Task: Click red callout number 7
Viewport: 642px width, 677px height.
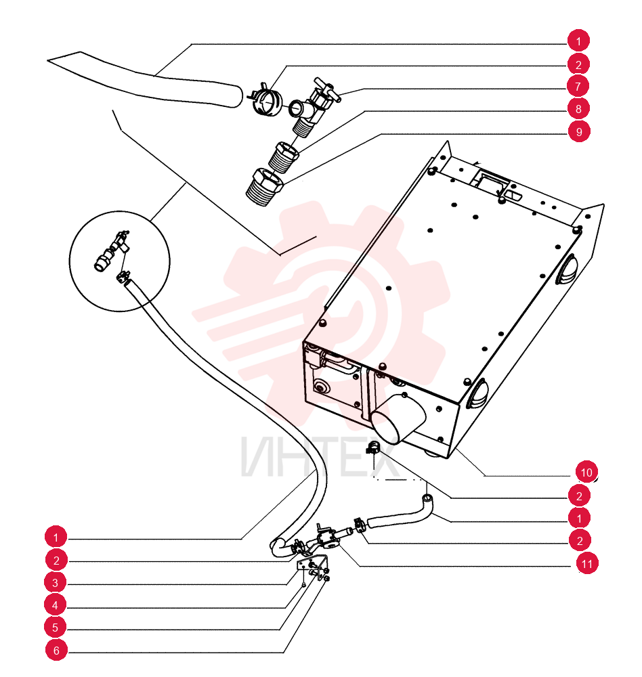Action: [578, 87]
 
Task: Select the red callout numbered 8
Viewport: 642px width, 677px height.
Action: [578, 109]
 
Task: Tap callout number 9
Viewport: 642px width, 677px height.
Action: [579, 131]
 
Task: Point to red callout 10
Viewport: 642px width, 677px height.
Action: [586, 472]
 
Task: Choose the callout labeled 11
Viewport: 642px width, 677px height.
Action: [586, 563]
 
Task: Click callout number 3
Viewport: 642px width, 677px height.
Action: [56, 583]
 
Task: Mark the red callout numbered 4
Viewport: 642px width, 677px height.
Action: [56, 605]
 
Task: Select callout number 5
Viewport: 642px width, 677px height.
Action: [56, 628]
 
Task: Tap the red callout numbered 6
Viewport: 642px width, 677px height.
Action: [56, 650]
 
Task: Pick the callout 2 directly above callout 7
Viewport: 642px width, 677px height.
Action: [578, 64]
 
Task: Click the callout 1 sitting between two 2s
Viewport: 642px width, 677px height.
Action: [579, 518]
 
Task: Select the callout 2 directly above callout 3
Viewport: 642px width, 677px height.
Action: [56, 561]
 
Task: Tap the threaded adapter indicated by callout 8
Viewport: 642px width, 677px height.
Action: [283, 157]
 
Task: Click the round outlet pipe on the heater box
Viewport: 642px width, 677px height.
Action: [398, 420]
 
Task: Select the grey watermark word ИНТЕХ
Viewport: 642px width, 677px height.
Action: [320, 457]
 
